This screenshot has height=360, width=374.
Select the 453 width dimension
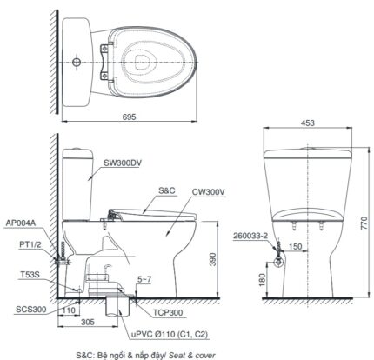coord(309,124)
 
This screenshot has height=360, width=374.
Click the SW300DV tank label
coord(122,162)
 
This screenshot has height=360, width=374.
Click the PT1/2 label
coord(28,247)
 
